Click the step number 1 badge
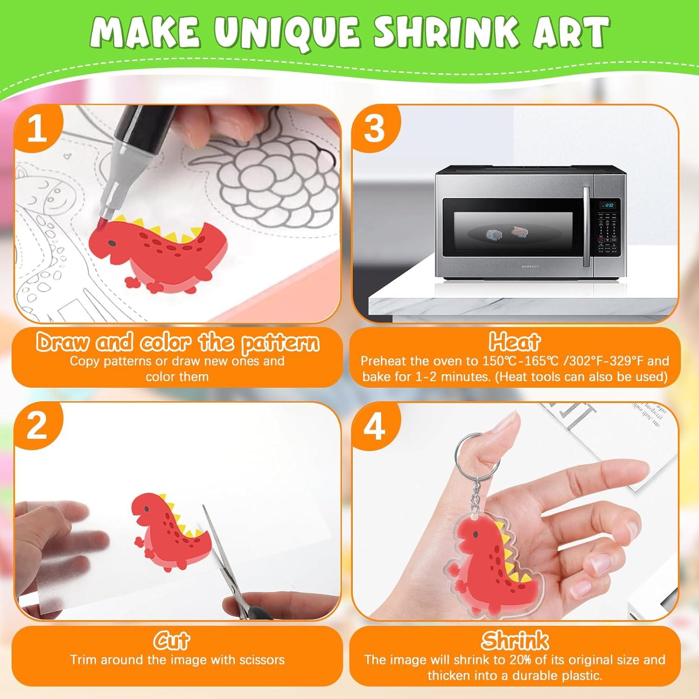point(37,129)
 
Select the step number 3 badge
point(375,129)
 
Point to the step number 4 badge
point(374,427)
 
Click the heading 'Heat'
point(514,342)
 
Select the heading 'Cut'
point(171,641)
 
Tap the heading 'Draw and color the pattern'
point(178,343)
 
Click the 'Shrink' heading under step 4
point(514,641)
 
